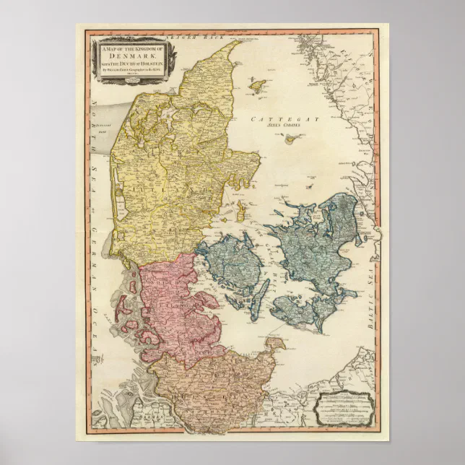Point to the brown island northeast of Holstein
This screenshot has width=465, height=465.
coord(275,346)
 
